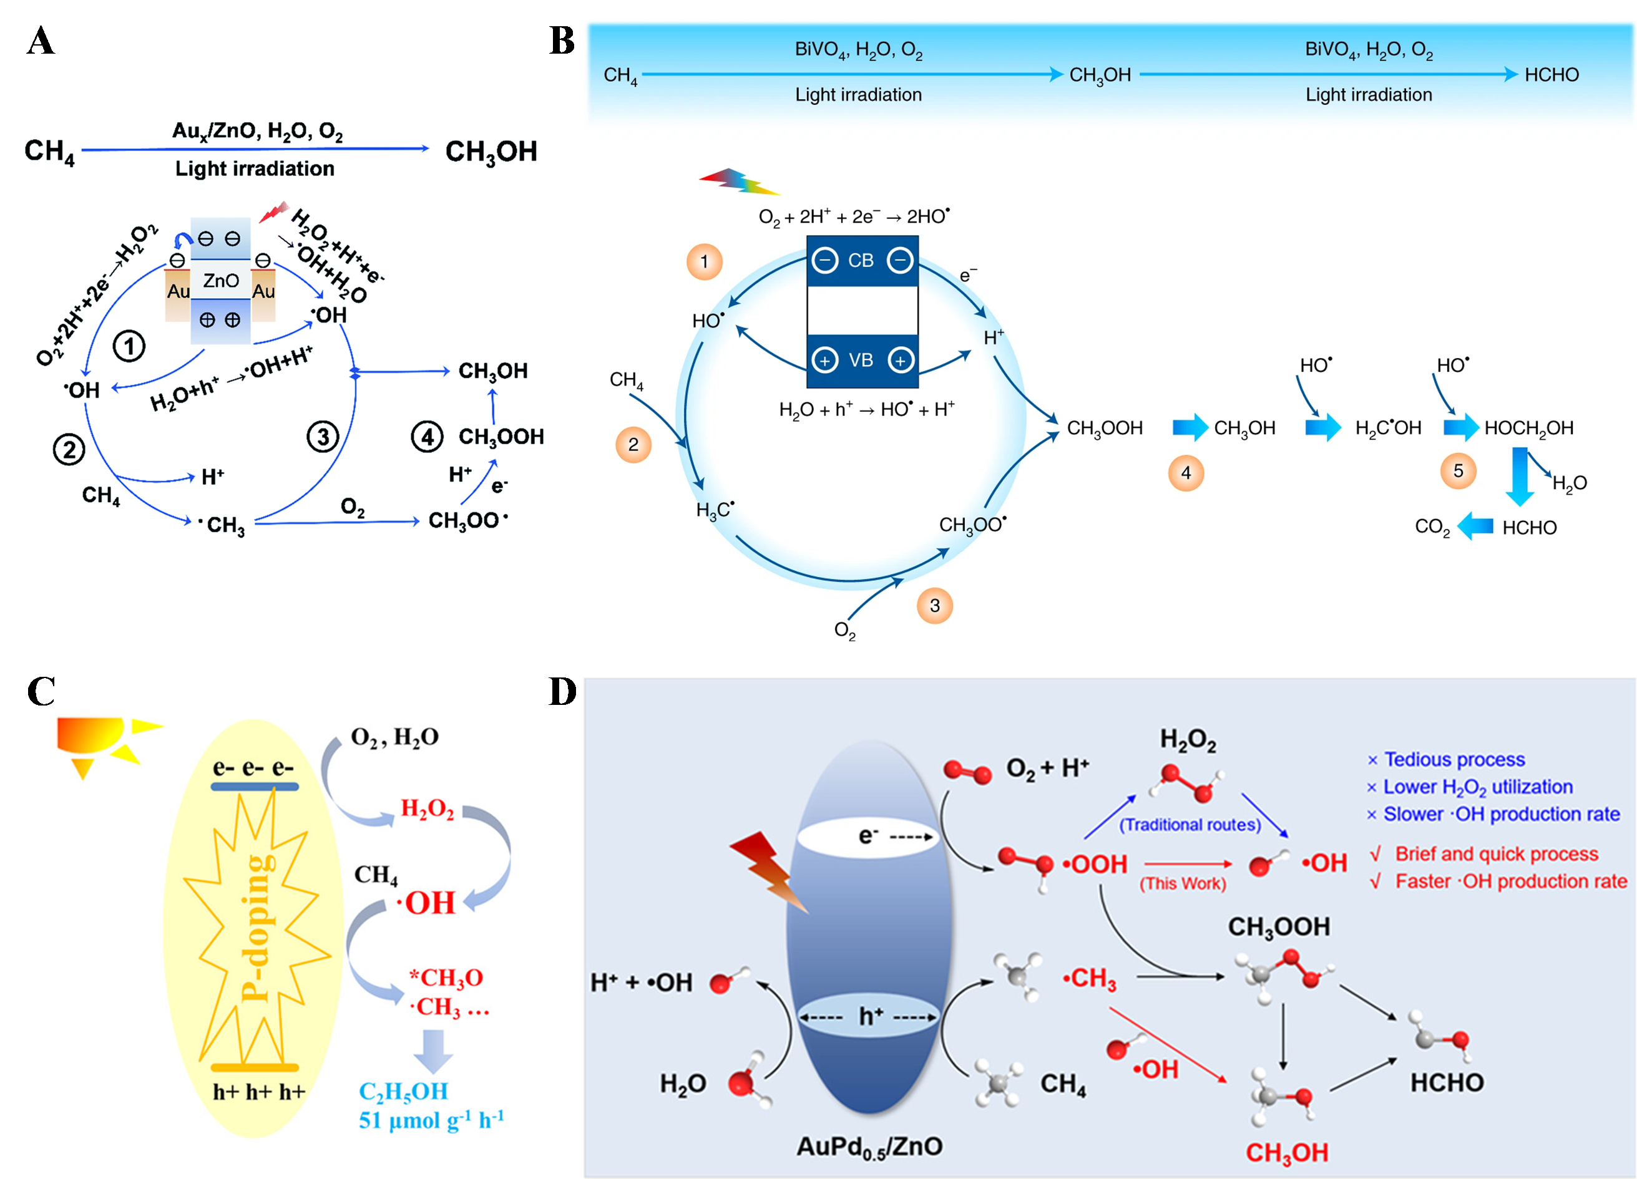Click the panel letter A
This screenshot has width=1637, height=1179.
pos(41,41)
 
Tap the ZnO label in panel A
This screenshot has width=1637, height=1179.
pos(220,280)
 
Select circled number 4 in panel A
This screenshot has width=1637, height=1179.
pos(427,437)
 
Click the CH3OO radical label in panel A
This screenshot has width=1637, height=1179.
pos(467,521)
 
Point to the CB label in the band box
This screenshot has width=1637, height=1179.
pos(861,261)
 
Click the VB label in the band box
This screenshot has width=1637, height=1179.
pos(861,360)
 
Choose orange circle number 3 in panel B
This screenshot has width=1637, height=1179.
pos(935,605)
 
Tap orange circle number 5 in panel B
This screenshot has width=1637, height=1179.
pos(1458,471)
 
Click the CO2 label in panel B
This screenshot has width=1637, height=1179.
pos(1432,528)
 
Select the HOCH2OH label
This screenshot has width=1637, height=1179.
pos(1529,429)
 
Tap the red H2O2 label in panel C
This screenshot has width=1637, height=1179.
pos(428,809)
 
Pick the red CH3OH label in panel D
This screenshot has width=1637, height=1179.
pos(1287,1152)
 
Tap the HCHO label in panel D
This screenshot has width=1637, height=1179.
pos(1447,1082)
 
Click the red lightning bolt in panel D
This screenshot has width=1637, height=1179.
pos(768,871)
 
